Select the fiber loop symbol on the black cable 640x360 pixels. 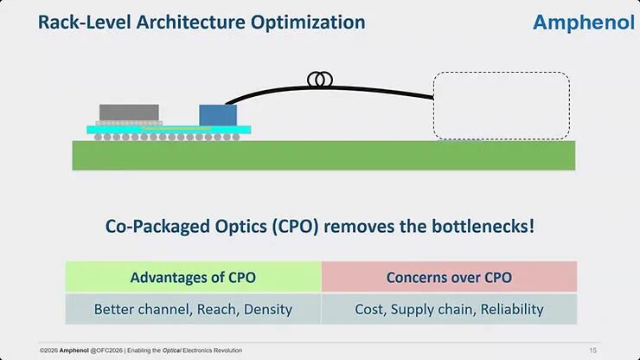(x=320, y=80)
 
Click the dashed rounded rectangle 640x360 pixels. (x=501, y=106)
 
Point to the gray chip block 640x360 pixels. (x=130, y=112)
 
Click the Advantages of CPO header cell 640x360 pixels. (x=193, y=278)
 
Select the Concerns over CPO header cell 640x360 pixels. (x=449, y=278)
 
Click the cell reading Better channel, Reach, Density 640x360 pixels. (x=193, y=309)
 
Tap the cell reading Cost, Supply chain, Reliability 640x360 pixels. (x=449, y=309)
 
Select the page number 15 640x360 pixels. (x=592, y=350)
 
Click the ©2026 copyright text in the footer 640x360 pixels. (x=49, y=350)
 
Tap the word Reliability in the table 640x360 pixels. (x=513, y=309)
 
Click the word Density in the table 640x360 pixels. (x=267, y=309)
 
